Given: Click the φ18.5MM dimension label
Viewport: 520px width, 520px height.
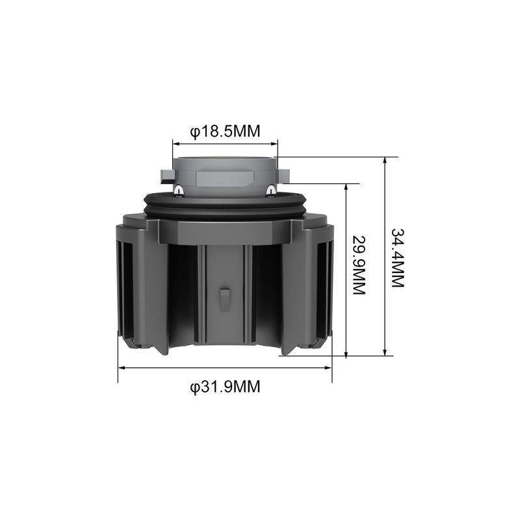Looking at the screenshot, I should pos(225,131).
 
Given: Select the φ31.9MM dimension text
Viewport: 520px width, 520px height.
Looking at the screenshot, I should pos(225,387).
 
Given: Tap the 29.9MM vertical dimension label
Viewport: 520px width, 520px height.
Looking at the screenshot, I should pos(359,265).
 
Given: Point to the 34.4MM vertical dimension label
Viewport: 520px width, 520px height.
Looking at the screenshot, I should pos(398,258).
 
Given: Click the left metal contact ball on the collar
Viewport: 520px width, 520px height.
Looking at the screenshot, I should pos(178,189).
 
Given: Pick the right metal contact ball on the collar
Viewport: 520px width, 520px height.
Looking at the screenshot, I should pos(270,189).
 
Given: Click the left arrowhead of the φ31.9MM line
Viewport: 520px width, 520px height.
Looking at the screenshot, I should pos(121,368).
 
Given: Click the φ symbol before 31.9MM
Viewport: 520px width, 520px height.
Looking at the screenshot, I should pos(194,387).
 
